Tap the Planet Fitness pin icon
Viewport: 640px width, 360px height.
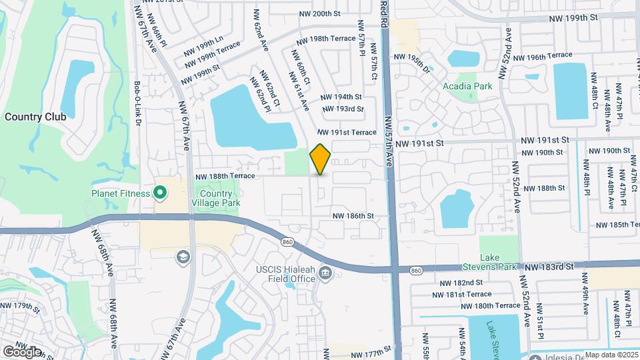coord(160,194)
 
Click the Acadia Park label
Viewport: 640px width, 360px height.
coord(467,86)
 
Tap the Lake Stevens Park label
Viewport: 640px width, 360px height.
coord(499,262)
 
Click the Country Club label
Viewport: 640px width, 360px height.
coord(35,116)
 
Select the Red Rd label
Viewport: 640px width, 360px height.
coord(383,13)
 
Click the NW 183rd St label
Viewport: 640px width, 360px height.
coord(549,267)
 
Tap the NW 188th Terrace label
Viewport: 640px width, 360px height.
coord(225,176)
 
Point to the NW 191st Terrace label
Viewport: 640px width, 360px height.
coord(347,133)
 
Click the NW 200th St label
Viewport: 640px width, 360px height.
coord(320,13)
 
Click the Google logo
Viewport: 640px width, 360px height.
coord(22,351)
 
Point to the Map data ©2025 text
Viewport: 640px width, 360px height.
coord(611,355)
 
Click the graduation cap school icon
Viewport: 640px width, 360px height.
coord(183,257)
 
